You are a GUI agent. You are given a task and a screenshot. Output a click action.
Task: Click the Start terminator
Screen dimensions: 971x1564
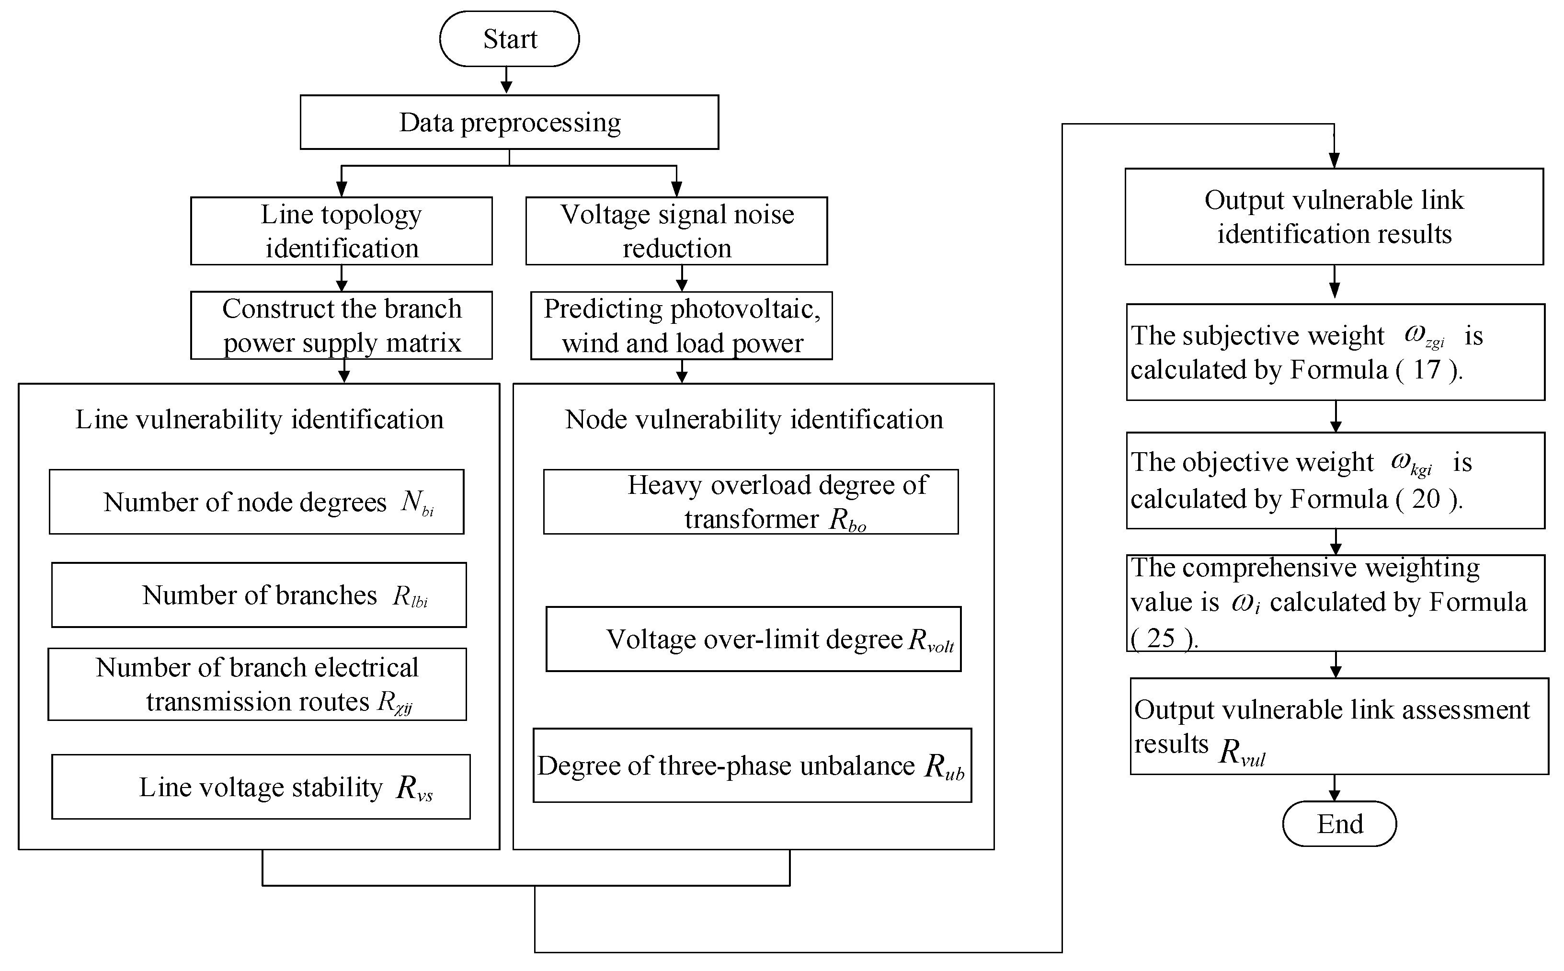[509, 38]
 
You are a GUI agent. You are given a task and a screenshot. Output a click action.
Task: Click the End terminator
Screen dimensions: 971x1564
[1339, 824]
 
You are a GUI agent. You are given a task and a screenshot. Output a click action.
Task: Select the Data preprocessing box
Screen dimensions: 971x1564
[509, 122]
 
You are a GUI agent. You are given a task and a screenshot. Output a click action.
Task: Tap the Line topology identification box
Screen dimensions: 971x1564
[341, 230]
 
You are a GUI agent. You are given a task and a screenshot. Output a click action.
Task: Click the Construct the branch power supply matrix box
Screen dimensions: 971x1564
[341, 325]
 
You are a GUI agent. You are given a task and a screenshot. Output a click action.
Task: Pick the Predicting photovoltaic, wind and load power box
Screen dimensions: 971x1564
[681, 325]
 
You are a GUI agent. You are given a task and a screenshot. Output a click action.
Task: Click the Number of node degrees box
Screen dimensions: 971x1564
[256, 502]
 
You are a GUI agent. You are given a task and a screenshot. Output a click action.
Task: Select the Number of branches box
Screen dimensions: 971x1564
[259, 594]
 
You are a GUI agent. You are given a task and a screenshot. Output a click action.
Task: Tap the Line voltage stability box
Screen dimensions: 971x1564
[261, 787]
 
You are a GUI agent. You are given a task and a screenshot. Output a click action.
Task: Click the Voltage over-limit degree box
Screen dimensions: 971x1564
[753, 639]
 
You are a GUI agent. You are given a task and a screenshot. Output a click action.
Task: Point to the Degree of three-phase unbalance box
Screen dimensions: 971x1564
[752, 765]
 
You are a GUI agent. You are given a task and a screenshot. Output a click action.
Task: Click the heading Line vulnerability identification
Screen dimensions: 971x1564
[259, 419]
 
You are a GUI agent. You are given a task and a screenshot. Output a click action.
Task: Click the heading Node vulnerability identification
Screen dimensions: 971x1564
[754, 419]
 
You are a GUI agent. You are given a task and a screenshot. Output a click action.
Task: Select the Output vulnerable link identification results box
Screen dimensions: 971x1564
[1334, 217]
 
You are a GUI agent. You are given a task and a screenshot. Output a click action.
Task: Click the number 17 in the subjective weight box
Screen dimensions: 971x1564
[1427, 370]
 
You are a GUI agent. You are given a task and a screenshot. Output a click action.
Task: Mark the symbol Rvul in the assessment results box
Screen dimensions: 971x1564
[1241, 752]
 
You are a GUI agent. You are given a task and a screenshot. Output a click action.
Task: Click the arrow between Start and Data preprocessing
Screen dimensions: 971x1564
[507, 80]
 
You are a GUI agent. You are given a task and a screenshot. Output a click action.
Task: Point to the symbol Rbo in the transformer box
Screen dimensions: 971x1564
[847, 520]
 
